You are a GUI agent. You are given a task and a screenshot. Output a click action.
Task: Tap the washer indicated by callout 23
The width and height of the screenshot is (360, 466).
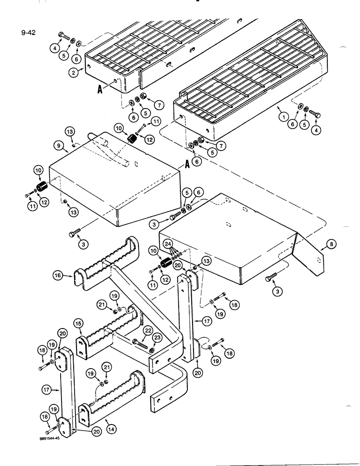tap(152, 349)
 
